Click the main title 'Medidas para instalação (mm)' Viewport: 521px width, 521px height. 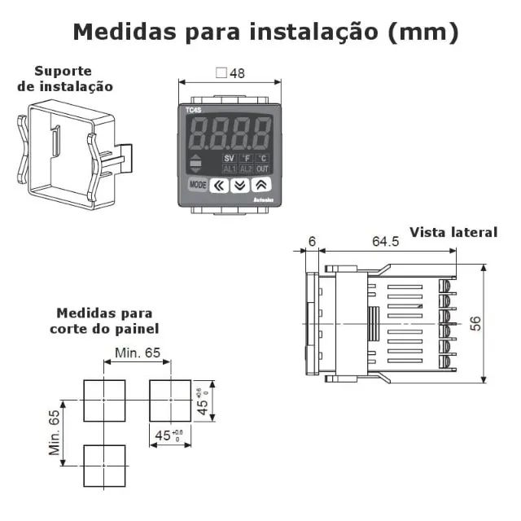[x=265, y=32]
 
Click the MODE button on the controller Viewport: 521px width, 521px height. [x=198, y=185]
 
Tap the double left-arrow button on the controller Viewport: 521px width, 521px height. [x=219, y=186]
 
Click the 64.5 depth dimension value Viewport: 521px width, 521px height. [x=385, y=242]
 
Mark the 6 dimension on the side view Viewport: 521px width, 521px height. [x=313, y=242]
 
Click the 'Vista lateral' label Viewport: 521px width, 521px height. [x=453, y=232]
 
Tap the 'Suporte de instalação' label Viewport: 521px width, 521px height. [x=65, y=78]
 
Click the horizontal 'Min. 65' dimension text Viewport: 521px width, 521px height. [x=138, y=352]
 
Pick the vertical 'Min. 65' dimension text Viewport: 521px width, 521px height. [x=55, y=432]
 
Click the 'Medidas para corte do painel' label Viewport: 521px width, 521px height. [x=104, y=320]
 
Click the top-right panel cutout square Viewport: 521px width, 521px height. [x=169, y=400]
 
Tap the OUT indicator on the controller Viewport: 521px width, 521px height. [x=263, y=169]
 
